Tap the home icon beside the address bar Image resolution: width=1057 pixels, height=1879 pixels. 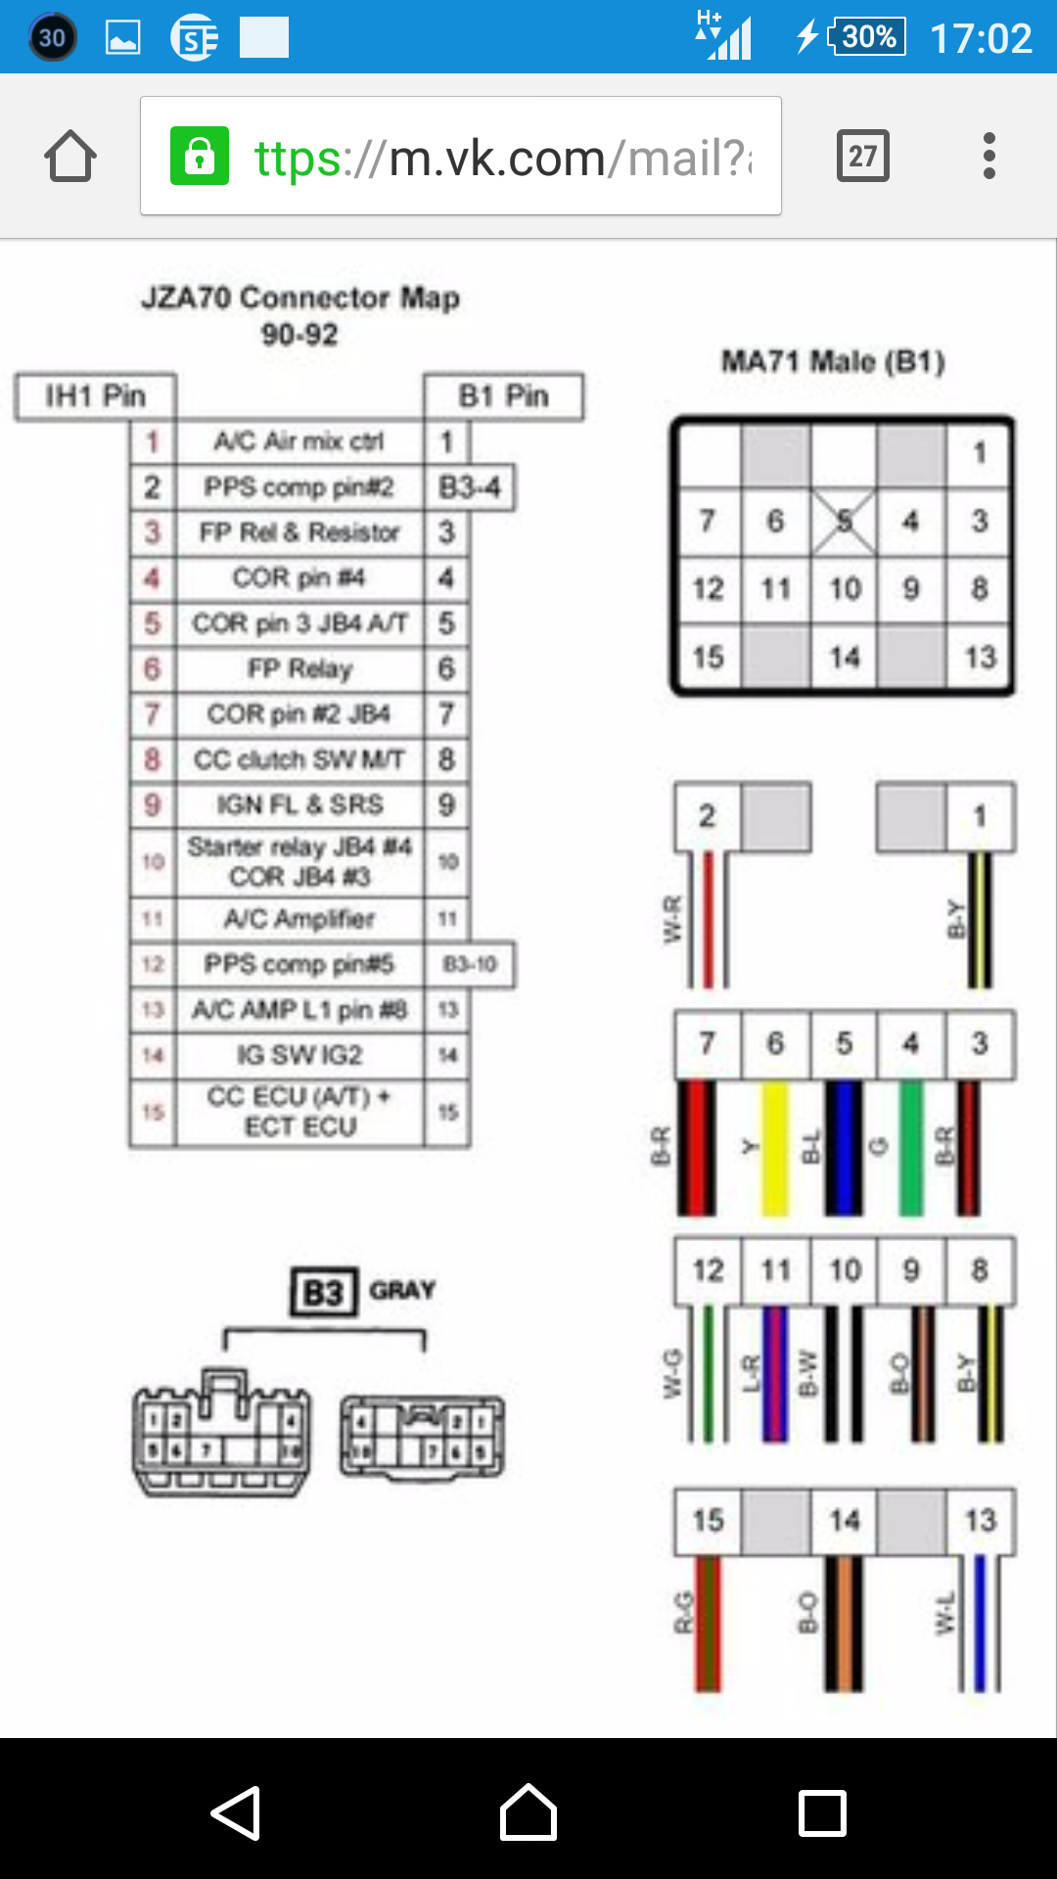click(70, 157)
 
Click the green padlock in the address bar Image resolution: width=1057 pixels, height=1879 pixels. click(200, 156)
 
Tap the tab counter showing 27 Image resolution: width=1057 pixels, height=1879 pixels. click(862, 156)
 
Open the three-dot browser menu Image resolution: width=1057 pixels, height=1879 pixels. click(989, 156)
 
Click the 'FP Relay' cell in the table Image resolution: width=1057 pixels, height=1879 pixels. click(299, 669)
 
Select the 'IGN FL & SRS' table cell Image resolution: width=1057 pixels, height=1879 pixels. click(299, 805)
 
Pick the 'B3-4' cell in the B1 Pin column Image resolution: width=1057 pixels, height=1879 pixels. click(470, 487)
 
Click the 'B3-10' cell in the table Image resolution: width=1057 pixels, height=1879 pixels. click(470, 965)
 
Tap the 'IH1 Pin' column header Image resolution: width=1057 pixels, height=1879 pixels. click(95, 396)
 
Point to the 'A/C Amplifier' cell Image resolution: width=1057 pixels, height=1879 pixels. click(299, 919)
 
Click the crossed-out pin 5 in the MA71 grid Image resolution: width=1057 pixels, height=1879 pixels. click(844, 521)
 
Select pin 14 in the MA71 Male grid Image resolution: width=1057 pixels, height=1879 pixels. click(844, 657)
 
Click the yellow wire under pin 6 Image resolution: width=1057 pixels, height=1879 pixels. click(775, 1149)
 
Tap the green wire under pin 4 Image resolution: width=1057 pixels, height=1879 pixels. click(911, 1149)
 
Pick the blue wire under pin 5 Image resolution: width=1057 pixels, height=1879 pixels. click(844, 1149)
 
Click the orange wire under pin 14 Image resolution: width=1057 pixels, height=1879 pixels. click(844, 1625)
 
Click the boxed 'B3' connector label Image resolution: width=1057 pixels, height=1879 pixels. click(323, 1293)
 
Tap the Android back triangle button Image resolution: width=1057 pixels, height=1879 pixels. click(236, 1812)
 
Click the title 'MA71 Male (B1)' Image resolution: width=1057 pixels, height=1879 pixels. click(833, 362)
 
